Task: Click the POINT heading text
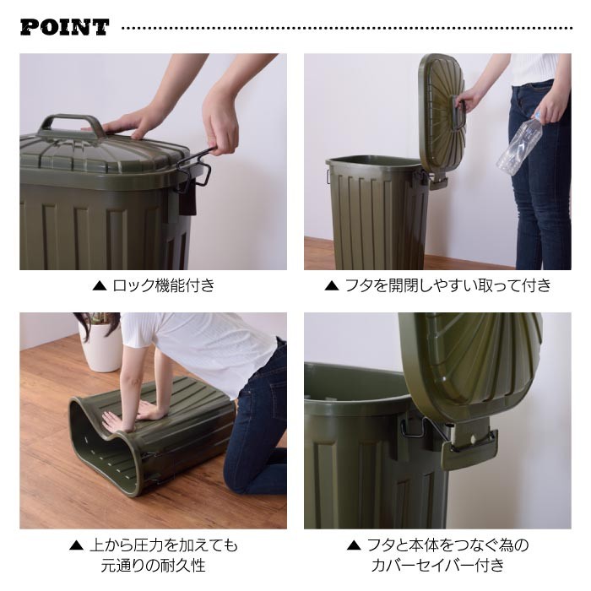64,27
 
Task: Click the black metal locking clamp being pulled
194,167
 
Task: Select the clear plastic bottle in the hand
521,144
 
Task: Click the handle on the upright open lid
461,112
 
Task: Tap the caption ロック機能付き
164,285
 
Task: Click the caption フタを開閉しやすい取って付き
448,285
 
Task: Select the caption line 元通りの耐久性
153,566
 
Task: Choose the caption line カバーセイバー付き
437,566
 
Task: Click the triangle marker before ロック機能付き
100,286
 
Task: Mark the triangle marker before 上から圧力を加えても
77,545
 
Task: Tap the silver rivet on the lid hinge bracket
471,439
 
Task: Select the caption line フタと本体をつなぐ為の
447,545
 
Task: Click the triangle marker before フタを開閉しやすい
332,286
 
